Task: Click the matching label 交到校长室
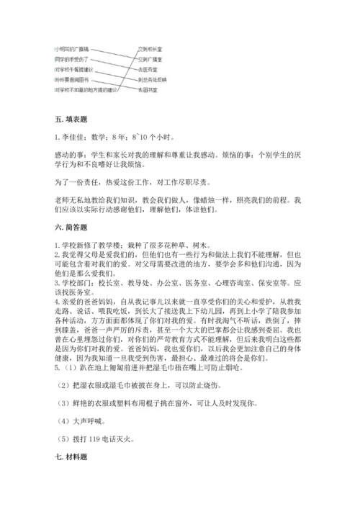152,50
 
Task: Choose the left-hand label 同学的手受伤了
71,60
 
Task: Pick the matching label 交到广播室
152,60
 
